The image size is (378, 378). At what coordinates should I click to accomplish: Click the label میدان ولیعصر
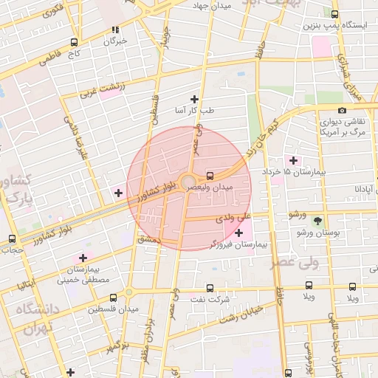[x=212, y=189]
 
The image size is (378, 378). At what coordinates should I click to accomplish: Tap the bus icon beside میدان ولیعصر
[x=210, y=176]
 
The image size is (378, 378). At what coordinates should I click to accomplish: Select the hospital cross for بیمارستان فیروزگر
[x=238, y=233]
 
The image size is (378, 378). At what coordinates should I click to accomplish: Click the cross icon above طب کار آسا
[x=195, y=99]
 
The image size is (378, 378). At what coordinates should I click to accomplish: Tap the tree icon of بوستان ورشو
[x=318, y=221]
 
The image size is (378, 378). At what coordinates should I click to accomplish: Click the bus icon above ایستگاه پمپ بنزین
[x=335, y=14]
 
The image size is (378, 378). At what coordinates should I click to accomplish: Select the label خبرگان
[x=116, y=41]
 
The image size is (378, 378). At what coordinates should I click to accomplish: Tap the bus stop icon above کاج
[x=73, y=42]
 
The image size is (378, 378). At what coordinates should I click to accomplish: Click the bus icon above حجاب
[x=12, y=238]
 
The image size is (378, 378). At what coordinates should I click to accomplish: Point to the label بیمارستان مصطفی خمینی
[x=83, y=275]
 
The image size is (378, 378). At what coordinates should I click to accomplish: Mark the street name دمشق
[x=148, y=240]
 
